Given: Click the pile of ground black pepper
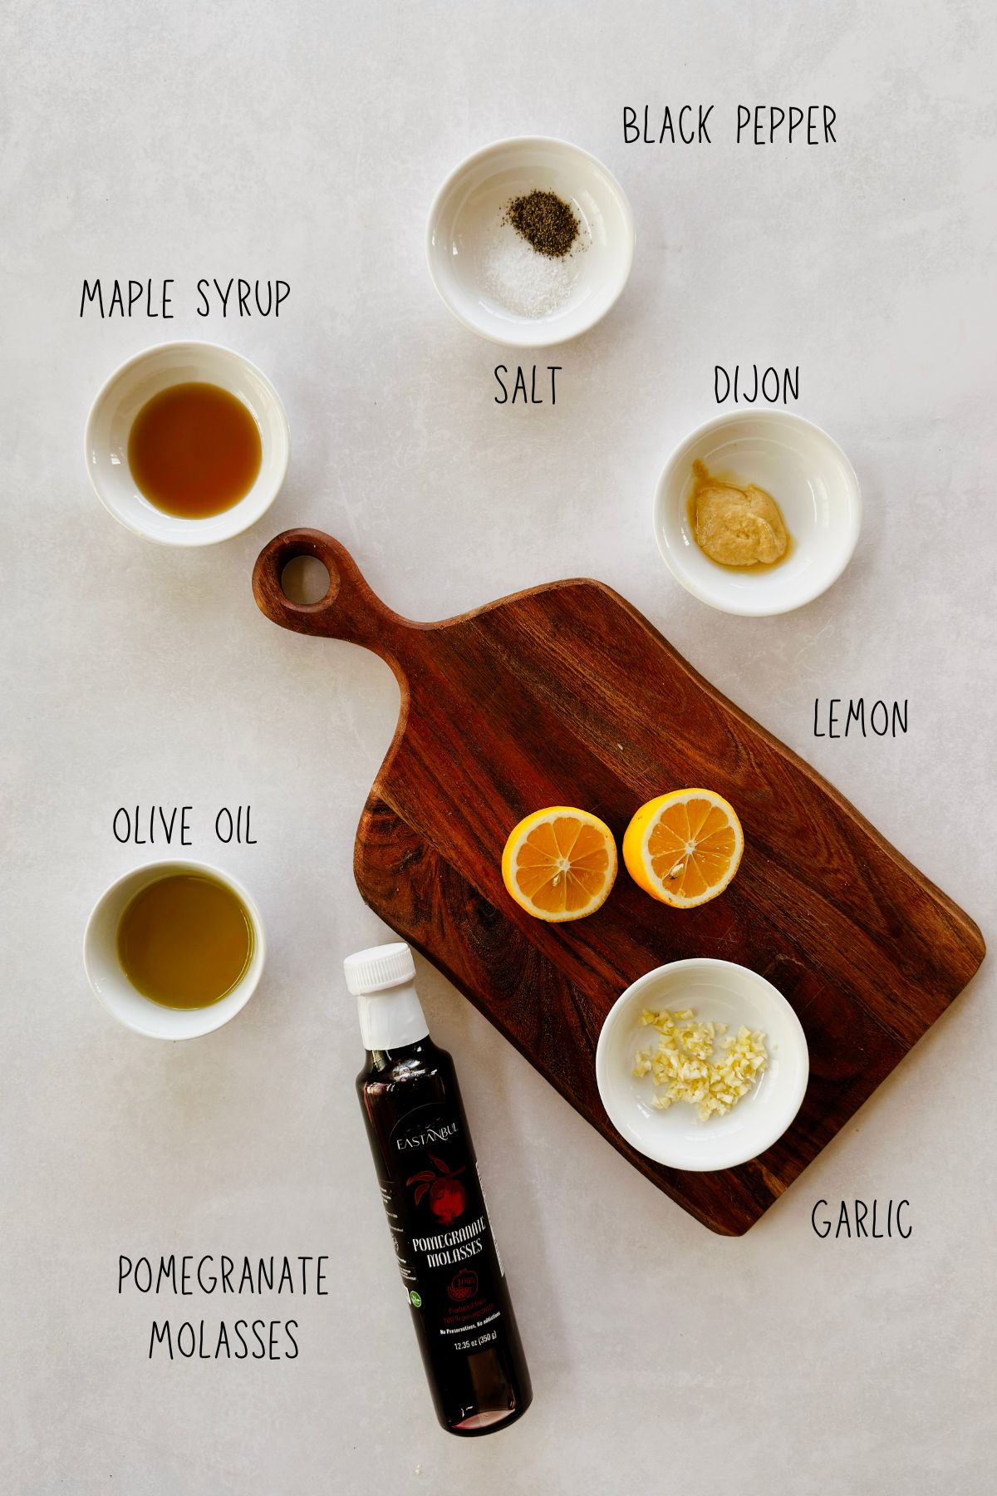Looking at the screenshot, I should (x=543, y=224).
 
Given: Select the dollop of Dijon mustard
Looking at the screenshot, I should (x=739, y=524).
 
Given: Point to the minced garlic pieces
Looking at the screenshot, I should (x=702, y=1064).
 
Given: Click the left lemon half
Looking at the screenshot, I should (x=560, y=864).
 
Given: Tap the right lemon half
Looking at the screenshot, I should (x=683, y=848).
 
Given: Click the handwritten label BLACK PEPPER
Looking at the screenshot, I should (x=729, y=126).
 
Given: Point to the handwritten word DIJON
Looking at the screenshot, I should (x=757, y=384).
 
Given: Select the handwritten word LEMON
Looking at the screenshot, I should (x=861, y=719).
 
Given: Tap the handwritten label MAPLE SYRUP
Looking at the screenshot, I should (x=185, y=299).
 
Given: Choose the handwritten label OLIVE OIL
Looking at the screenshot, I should (x=184, y=825).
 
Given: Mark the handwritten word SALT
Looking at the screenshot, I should (x=528, y=385).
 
